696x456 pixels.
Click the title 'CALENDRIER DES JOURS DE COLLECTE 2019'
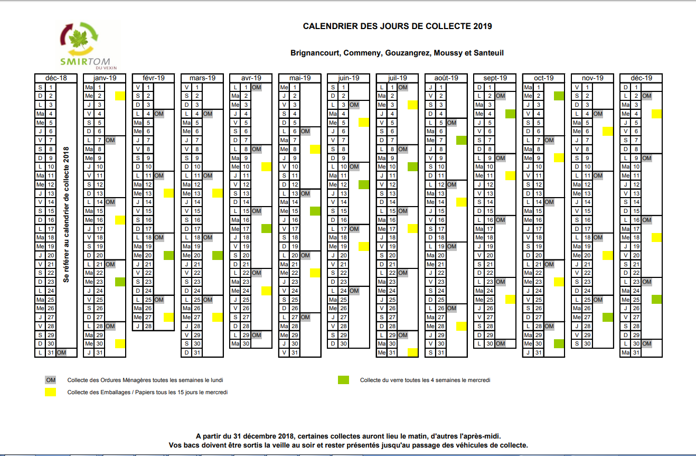[397, 26]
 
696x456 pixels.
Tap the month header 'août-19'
[446, 78]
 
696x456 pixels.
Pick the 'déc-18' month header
[55, 78]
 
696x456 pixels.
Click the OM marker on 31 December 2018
[61, 352]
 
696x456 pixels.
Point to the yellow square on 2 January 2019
[120, 96]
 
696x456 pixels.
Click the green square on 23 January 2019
[120, 282]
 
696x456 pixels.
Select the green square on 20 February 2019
[168, 255]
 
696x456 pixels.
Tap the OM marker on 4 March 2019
[208, 114]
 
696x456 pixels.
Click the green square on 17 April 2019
[266, 229]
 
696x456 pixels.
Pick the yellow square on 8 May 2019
[315, 149]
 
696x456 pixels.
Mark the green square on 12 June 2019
[363, 184]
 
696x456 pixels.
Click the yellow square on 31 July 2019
[412, 352]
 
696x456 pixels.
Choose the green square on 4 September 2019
[510, 114]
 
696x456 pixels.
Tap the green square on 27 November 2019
[607, 317]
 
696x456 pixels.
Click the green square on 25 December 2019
[656, 299]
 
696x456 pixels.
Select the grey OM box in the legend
[51, 380]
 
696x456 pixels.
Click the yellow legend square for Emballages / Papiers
[51, 392]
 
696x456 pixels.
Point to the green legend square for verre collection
[343, 380]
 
